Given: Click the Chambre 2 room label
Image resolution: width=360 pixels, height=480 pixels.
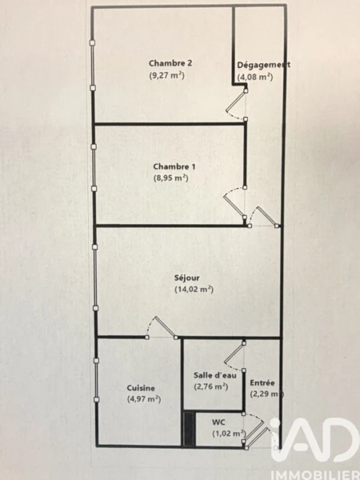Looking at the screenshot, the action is click(x=170, y=63).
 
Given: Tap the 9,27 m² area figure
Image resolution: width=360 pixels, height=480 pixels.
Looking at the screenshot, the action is click(x=167, y=75).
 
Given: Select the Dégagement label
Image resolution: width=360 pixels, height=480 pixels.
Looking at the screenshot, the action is click(x=263, y=65).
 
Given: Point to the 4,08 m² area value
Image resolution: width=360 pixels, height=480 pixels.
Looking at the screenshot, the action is click(x=255, y=77).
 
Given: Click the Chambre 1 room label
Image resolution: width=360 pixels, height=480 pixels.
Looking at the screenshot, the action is click(x=174, y=166).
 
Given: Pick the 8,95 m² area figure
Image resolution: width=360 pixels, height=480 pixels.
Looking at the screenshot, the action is click(x=170, y=178).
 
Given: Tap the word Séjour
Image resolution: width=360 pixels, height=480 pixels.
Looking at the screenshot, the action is click(x=187, y=278).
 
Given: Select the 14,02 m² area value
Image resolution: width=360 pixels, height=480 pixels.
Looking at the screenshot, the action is click(x=194, y=290).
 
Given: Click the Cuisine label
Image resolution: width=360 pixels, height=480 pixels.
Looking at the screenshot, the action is click(x=141, y=388).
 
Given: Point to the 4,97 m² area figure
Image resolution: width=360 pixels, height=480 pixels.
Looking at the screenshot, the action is click(x=144, y=399).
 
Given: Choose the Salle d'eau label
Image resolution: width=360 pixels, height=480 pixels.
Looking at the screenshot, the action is click(x=215, y=375).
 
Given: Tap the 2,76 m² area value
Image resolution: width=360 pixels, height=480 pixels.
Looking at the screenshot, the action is click(x=211, y=386).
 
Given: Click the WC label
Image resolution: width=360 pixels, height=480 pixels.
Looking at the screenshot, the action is click(x=218, y=422).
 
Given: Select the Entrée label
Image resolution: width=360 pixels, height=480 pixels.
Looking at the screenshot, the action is click(x=262, y=382).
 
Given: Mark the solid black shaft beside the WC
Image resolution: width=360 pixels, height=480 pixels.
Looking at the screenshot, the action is click(x=189, y=429).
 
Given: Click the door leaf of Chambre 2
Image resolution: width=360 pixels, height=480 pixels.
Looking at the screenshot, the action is click(x=236, y=101).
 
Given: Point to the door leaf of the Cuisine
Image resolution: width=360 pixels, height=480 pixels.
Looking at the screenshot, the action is click(x=166, y=327).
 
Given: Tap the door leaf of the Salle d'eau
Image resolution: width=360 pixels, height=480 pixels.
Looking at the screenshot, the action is click(x=234, y=353).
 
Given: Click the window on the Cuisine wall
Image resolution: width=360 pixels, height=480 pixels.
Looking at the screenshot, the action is click(x=96, y=380).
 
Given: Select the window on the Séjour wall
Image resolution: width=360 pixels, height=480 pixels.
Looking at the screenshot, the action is click(x=95, y=278).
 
